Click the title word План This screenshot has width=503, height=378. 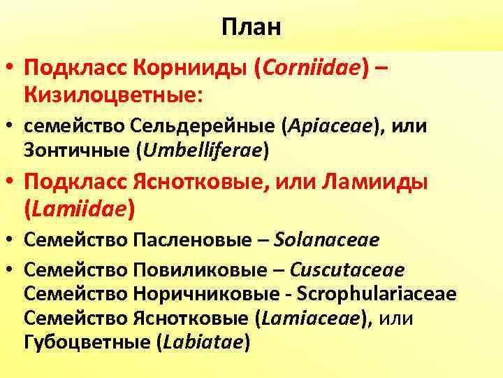251,27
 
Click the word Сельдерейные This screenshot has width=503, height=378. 203,128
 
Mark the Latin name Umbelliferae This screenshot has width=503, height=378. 208,150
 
